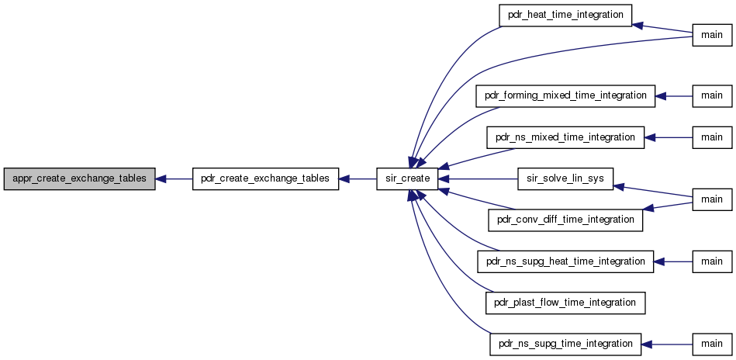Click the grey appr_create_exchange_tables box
pos(79,178)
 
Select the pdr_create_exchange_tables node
pos(266,178)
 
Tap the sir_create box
pos(407,178)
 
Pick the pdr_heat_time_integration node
pos(565,15)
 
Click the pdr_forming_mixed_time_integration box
pos(565,95)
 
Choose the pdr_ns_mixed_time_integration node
pos(565,137)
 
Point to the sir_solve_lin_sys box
pos(565,178)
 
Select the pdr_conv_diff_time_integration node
pos(565,220)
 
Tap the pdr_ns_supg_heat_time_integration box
pos(565,261)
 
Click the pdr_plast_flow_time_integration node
pos(565,303)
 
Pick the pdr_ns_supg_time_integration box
pos(565,344)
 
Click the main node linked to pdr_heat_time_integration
pos(712,35)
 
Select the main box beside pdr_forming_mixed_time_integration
pos(712,95)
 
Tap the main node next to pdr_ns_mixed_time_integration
pos(712,137)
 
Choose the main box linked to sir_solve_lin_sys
pos(712,199)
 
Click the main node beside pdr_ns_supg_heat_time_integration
pos(712,261)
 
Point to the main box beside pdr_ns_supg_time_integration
pos(712,344)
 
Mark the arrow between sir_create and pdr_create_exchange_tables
pos(358,178)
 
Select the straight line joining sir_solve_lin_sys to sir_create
pos(478,178)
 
